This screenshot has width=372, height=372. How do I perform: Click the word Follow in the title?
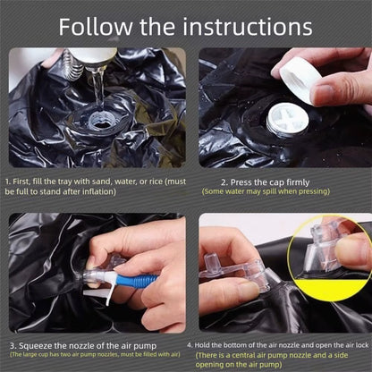pos(96,27)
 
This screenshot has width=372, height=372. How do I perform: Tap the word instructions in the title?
pos(248,27)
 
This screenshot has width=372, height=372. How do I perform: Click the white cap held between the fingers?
pos(300,80)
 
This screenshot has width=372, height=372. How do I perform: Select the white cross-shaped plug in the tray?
pos(287,120)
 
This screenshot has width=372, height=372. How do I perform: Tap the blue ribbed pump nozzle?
pos(137,281)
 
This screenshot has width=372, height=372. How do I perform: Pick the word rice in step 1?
pos(156,182)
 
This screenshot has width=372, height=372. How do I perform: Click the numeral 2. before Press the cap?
pos(224,182)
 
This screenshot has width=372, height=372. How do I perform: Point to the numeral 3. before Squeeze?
pos(13,346)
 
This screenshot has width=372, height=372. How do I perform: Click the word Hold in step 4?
pos(201,345)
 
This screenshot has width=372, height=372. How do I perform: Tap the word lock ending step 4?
pos(362,345)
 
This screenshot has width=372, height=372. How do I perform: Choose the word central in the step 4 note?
pos(243,355)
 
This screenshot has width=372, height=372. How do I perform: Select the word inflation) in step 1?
pos(99,191)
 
